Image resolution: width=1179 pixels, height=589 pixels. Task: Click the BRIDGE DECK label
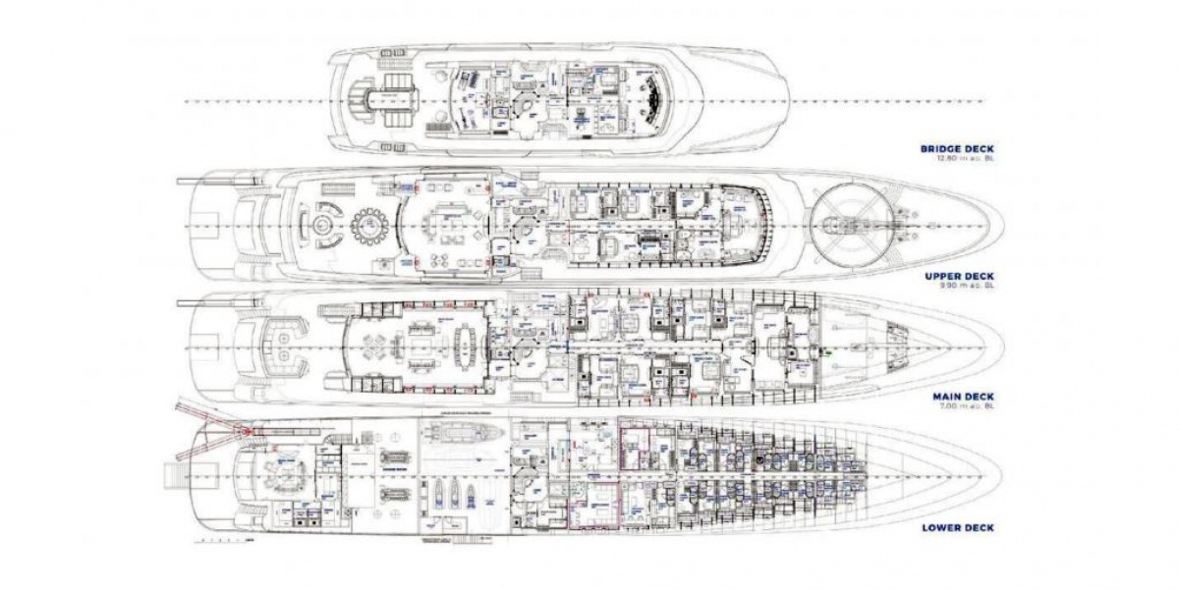956,149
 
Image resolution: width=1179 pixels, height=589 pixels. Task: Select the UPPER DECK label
960,278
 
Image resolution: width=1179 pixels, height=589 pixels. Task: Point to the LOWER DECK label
958,527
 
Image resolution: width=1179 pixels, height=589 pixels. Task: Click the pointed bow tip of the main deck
1001,348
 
